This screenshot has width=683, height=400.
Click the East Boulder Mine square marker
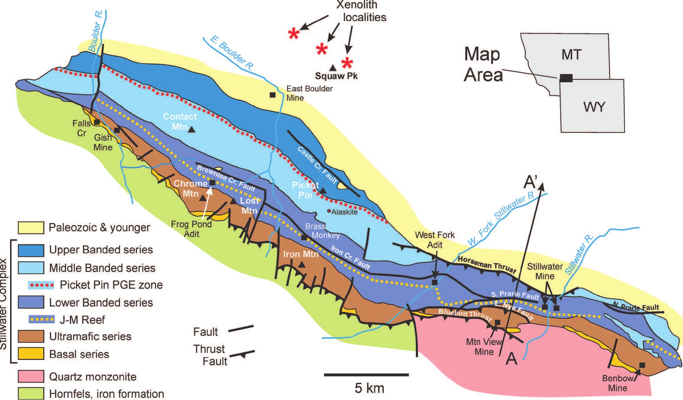tap(272, 95)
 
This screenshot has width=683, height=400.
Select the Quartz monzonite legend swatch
tap(31, 376)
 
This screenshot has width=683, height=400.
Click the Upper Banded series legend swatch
tap(31, 250)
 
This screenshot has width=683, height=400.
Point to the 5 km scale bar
tap(366, 374)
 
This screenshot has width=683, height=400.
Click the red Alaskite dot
tap(329, 211)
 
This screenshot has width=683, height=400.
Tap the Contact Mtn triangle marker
tap(192, 130)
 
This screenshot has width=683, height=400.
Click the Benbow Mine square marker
tap(642, 365)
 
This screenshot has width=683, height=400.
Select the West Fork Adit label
tap(435, 240)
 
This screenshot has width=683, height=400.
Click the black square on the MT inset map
tap(566, 78)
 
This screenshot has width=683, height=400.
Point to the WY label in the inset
tap(594, 107)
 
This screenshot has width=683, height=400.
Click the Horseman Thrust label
tap(487, 264)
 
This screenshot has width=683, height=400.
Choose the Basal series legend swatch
tap(31, 354)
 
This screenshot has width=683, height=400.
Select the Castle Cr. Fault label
tap(317, 164)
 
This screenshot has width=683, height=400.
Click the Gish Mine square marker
tap(117, 130)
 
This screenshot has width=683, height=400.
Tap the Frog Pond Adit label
tap(191, 229)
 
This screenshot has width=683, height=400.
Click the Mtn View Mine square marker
tap(498, 322)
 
